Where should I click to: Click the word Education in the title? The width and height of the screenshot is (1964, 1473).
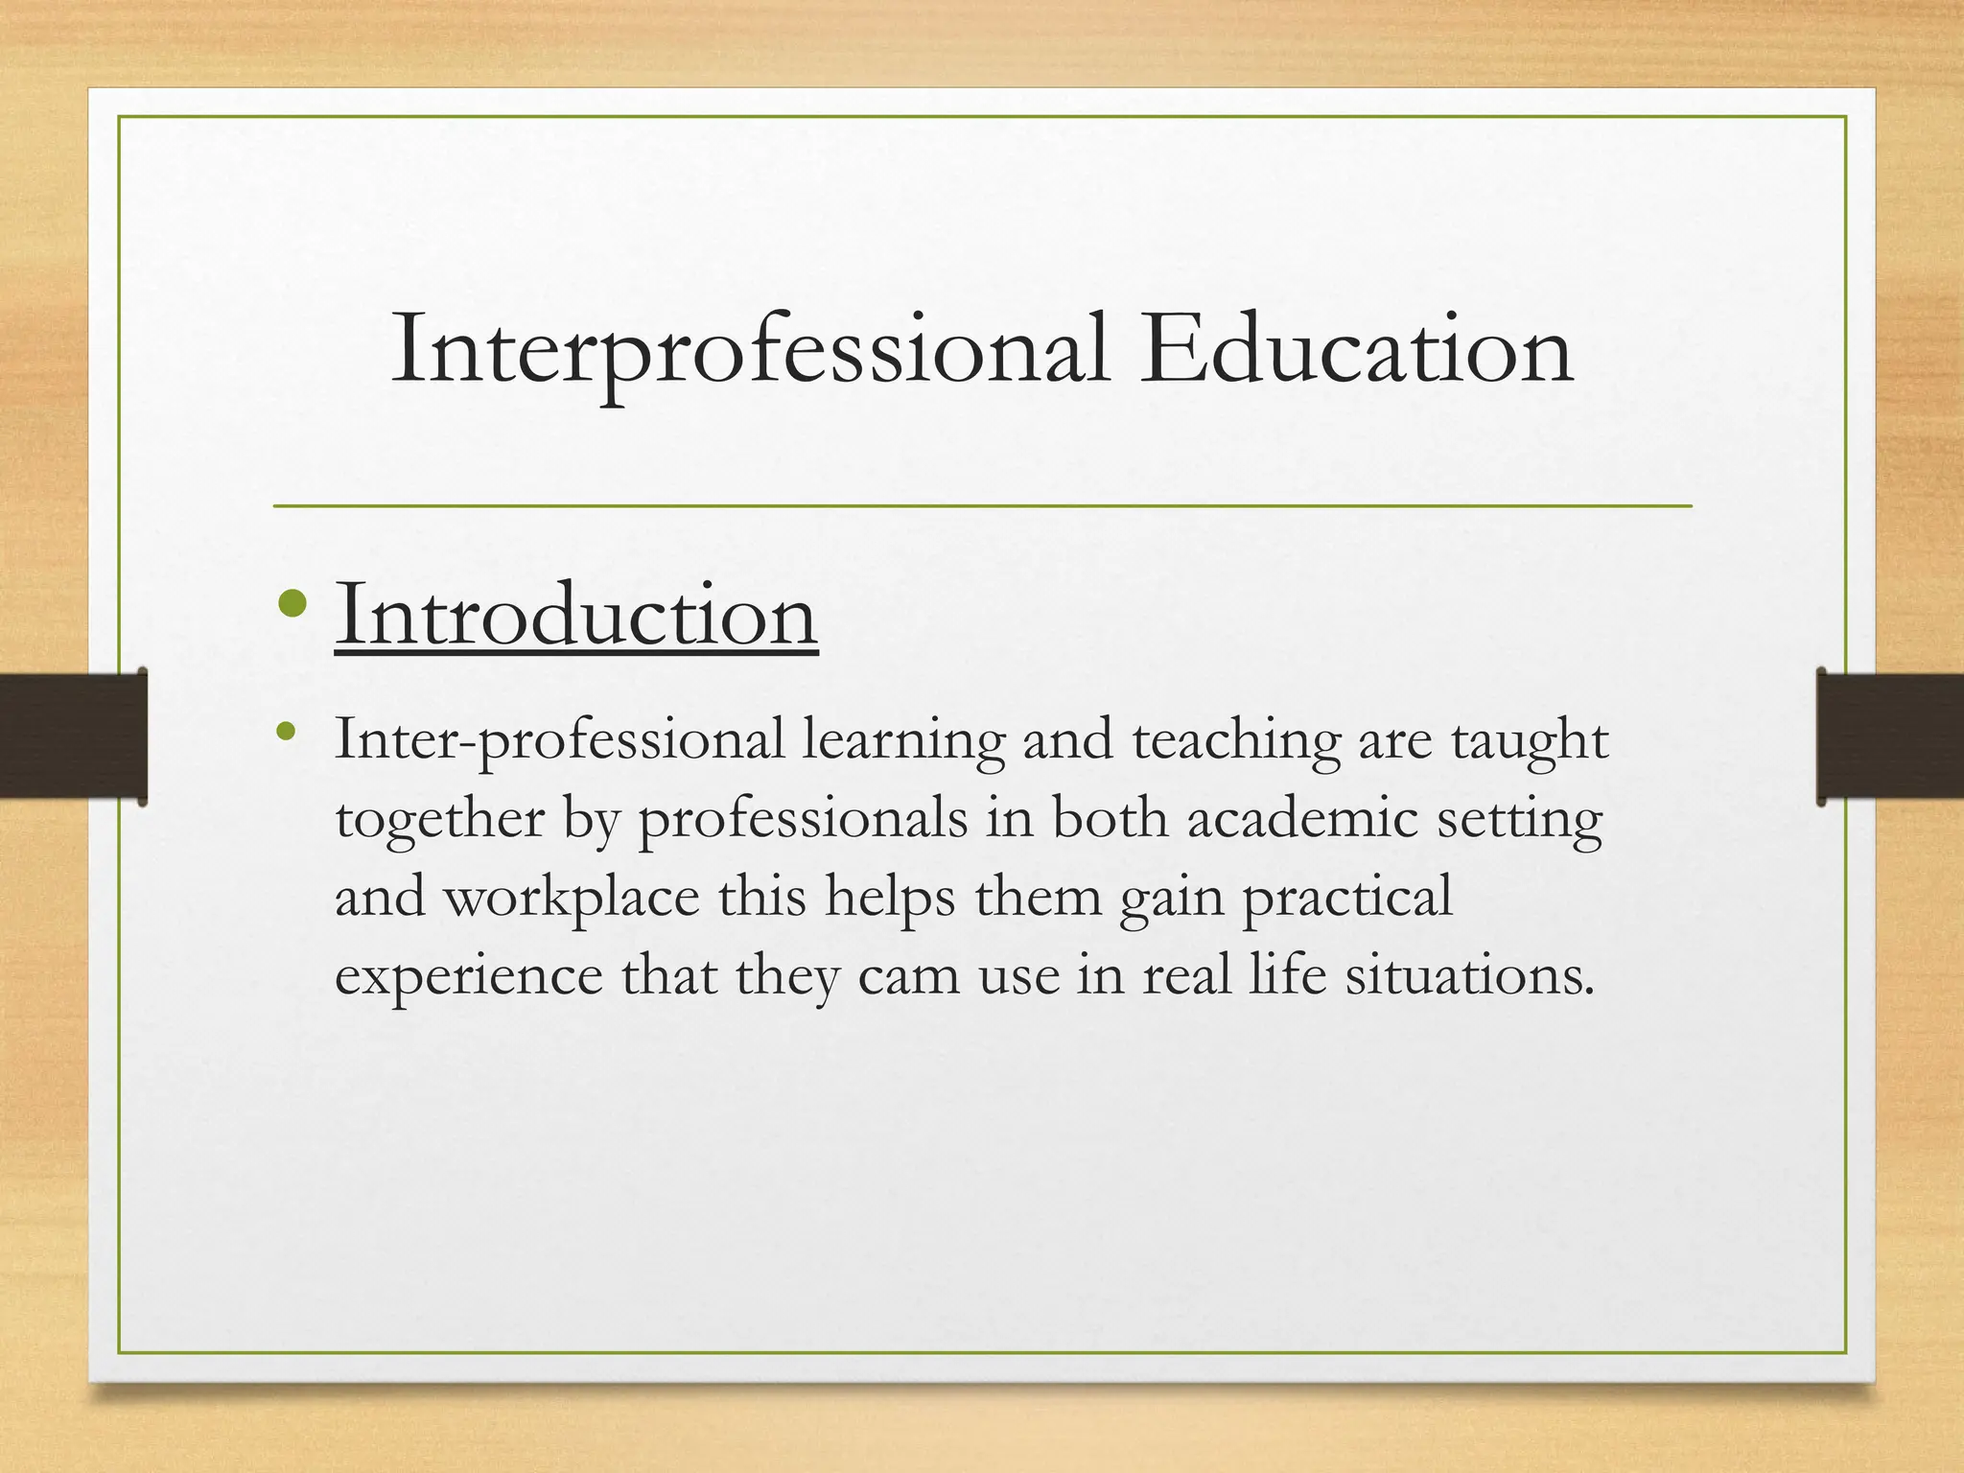click(x=1356, y=351)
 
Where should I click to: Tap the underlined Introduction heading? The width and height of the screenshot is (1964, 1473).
click(x=576, y=615)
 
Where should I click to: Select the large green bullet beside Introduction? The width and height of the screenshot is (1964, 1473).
click(x=292, y=604)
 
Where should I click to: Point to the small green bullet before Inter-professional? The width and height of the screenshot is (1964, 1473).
click(x=284, y=734)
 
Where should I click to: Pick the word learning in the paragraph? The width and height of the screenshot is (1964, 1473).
click(x=903, y=741)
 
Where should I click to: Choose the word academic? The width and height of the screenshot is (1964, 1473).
click(x=1302, y=820)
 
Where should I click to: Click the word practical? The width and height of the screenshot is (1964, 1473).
click(x=1347, y=899)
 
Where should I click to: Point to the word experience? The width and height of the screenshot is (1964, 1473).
click(x=469, y=977)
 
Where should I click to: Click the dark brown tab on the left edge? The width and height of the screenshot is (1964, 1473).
click(x=73, y=736)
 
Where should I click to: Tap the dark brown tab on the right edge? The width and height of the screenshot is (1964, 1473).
click(x=1890, y=736)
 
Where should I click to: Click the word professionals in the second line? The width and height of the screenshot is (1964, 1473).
click(x=804, y=820)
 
